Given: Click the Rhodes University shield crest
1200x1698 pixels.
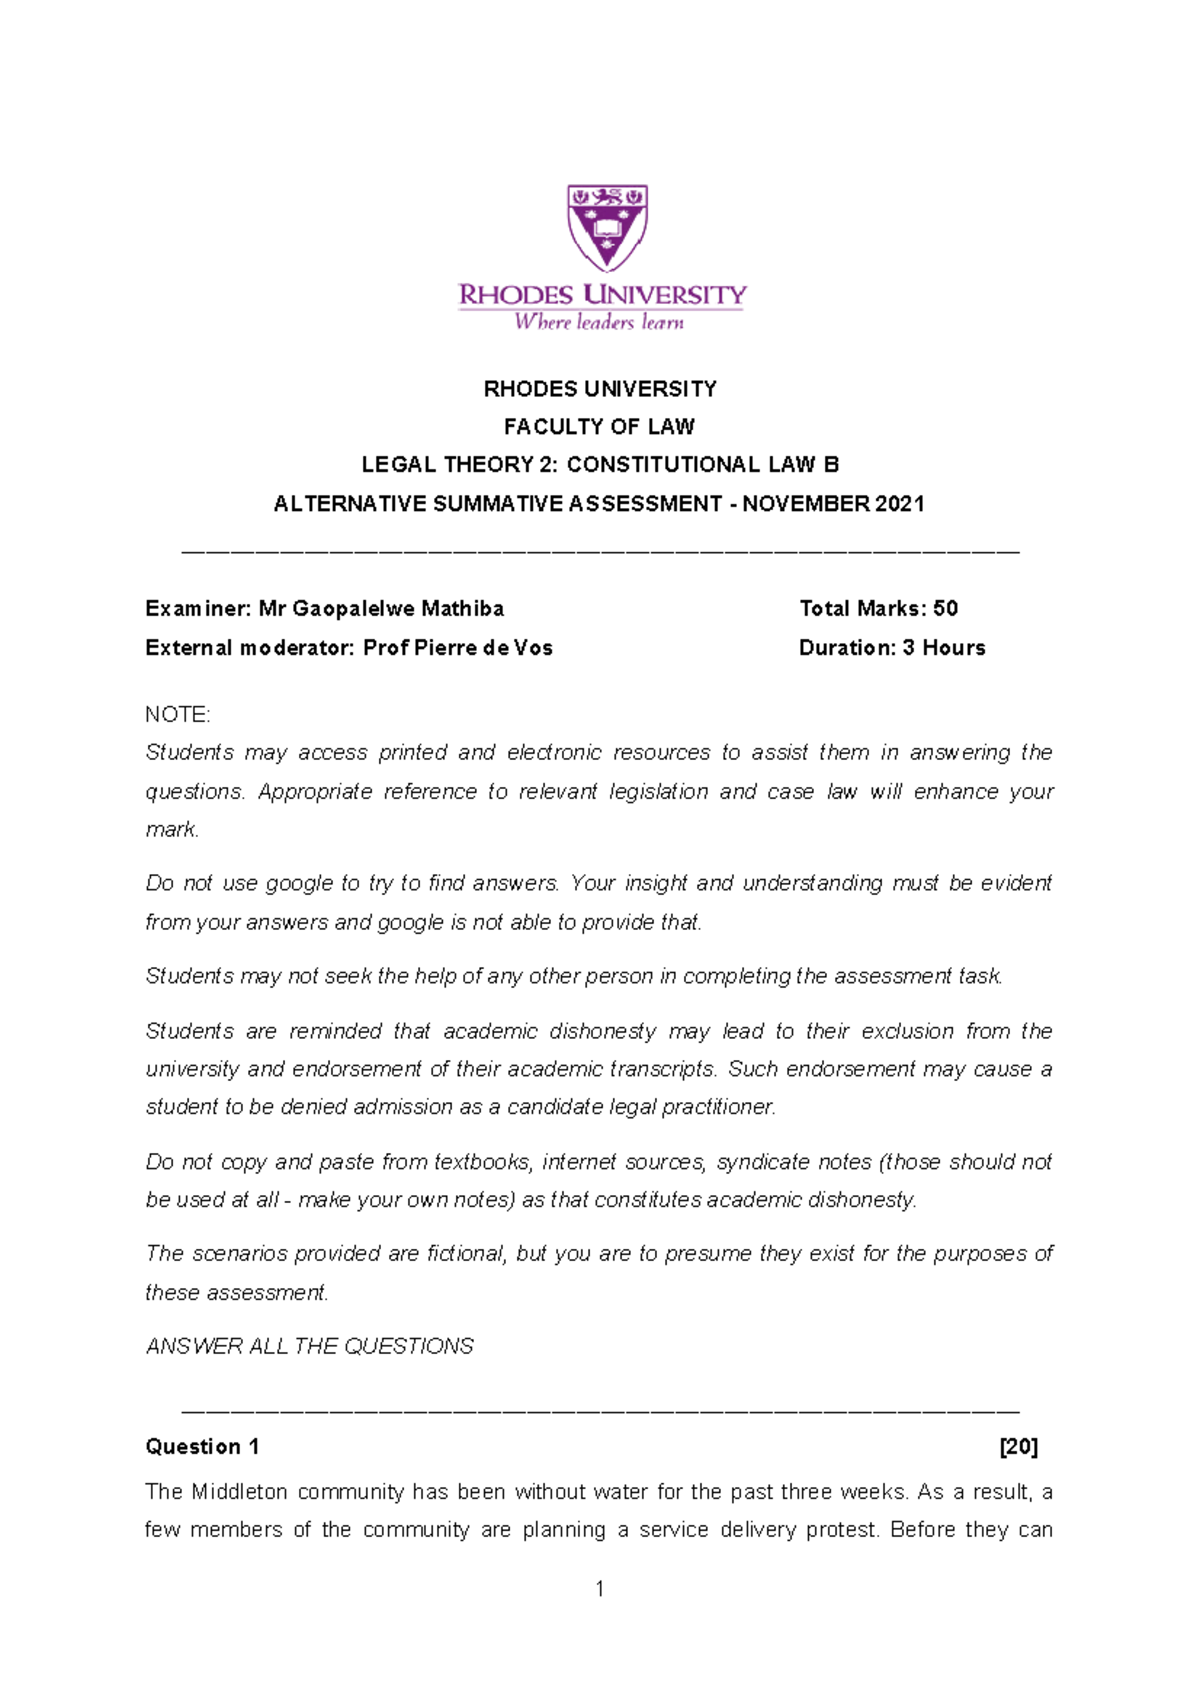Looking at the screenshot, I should point(607,226).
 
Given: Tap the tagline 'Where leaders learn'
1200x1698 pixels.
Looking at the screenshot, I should point(599,322).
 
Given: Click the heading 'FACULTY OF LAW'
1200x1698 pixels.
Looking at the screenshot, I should point(599,427).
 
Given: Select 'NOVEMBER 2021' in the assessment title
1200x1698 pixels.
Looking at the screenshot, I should point(833,504).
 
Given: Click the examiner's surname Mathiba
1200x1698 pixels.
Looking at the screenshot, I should point(462,609).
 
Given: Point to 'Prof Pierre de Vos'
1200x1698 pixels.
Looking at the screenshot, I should point(457,648).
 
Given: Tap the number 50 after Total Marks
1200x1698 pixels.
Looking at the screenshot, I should point(945,609).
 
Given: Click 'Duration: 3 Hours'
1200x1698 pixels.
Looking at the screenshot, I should point(891,648).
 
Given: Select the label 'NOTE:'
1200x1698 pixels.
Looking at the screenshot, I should point(177,715).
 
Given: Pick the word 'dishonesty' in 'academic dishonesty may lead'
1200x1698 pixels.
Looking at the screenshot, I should point(603,1031).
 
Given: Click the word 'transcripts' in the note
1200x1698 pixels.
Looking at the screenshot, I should point(662,1069).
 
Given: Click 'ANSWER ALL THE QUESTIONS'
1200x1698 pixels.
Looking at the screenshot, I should point(309,1347).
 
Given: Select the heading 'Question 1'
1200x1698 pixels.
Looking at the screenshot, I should point(202,1447).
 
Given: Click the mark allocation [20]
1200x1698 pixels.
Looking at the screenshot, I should point(1018,1447).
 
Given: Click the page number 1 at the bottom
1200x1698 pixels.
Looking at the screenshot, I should point(599,1589).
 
